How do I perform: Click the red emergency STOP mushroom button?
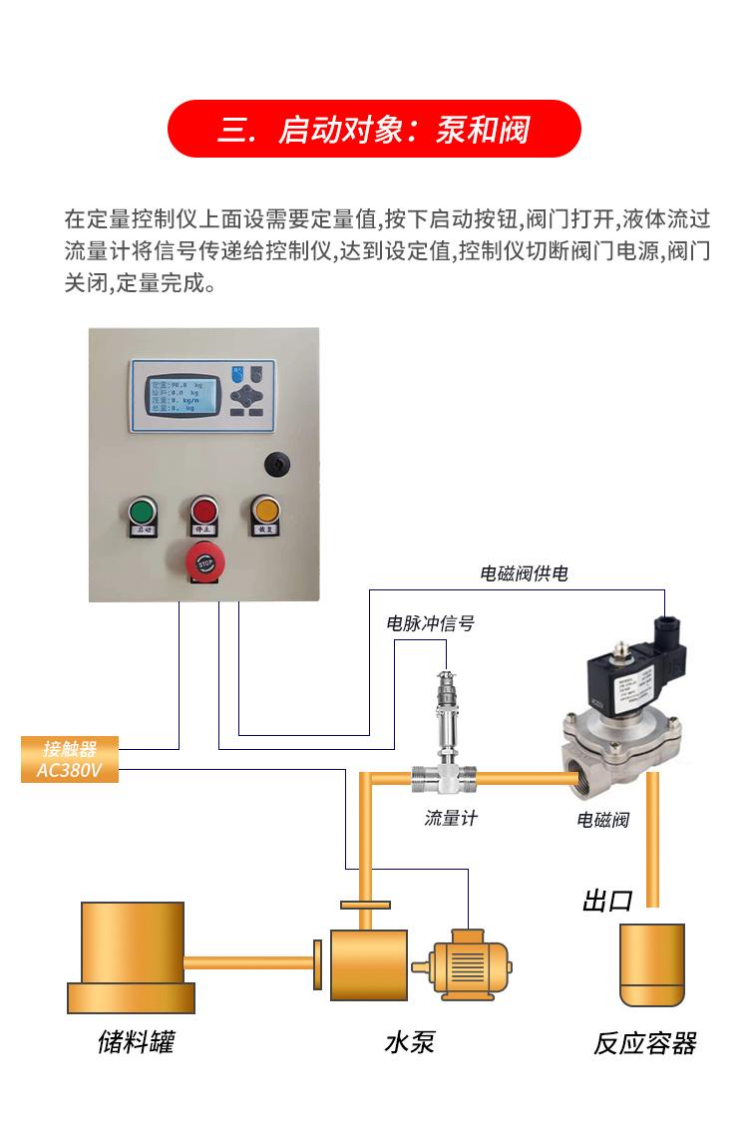(203, 562)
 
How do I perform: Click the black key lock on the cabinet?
(272, 464)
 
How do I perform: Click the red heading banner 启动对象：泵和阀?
(373, 130)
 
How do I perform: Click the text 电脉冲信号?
(430, 624)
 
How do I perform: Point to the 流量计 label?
(451, 818)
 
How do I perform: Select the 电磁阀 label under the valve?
(603, 820)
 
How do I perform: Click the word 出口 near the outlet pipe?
(607, 902)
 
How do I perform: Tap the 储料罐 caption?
(137, 1043)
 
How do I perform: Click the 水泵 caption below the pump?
(410, 1043)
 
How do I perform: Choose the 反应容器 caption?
(644, 1044)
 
